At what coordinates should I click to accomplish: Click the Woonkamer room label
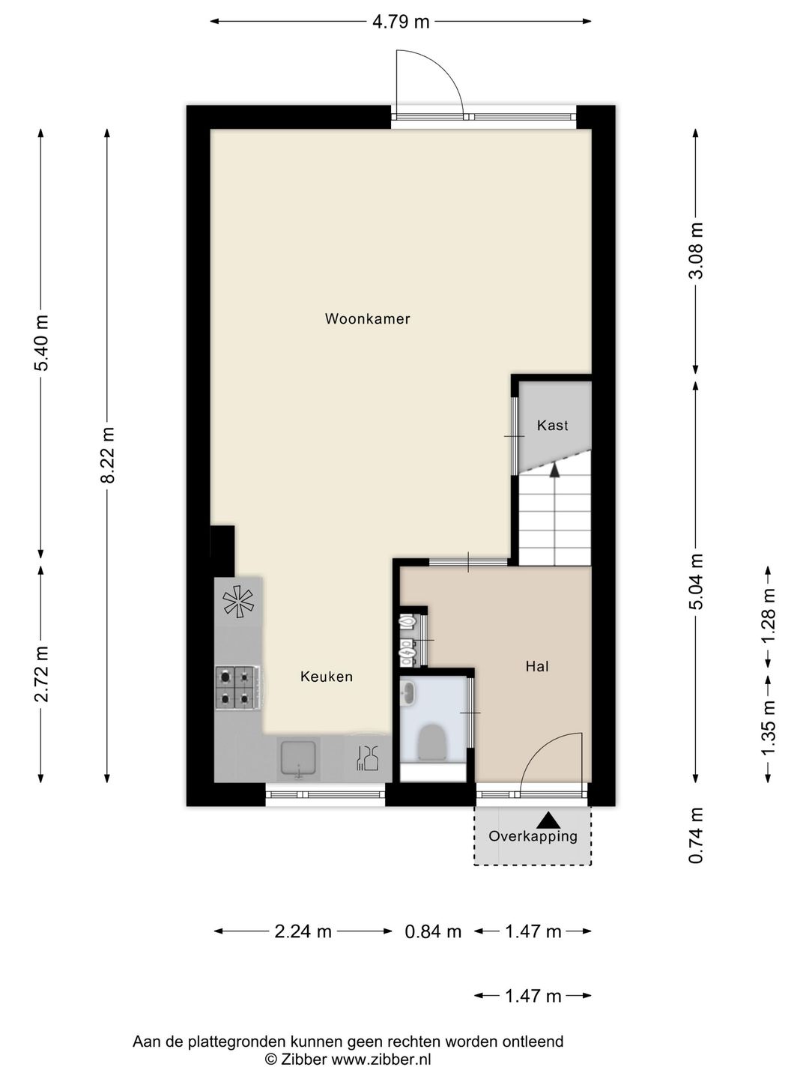click(x=367, y=318)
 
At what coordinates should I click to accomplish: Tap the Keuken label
click(x=327, y=677)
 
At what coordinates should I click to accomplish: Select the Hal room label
click(x=537, y=667)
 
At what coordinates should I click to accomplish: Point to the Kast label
click(x=553, y=425)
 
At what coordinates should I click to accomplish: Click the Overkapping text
click(x=533, y=836)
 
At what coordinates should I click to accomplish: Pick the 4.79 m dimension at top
click(x=401, y=22)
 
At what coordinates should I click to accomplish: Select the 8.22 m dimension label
click(x=107, y=455)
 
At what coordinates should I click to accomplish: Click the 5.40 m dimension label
click(x=41, y=342)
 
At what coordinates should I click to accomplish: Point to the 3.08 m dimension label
click(x=696, y=251)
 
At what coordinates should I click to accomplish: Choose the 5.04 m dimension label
click(x=696, y=581)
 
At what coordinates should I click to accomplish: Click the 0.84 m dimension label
click(x=433, y=931)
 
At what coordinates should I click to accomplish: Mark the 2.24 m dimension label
click(x=303, y=931)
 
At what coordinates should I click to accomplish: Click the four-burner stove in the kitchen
click(x=237, y=687)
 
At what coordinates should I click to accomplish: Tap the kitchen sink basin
click(x=298, y=758)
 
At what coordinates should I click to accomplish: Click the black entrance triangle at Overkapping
click(x=548, y=820)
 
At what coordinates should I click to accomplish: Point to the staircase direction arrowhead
click(x=554, y=470)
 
